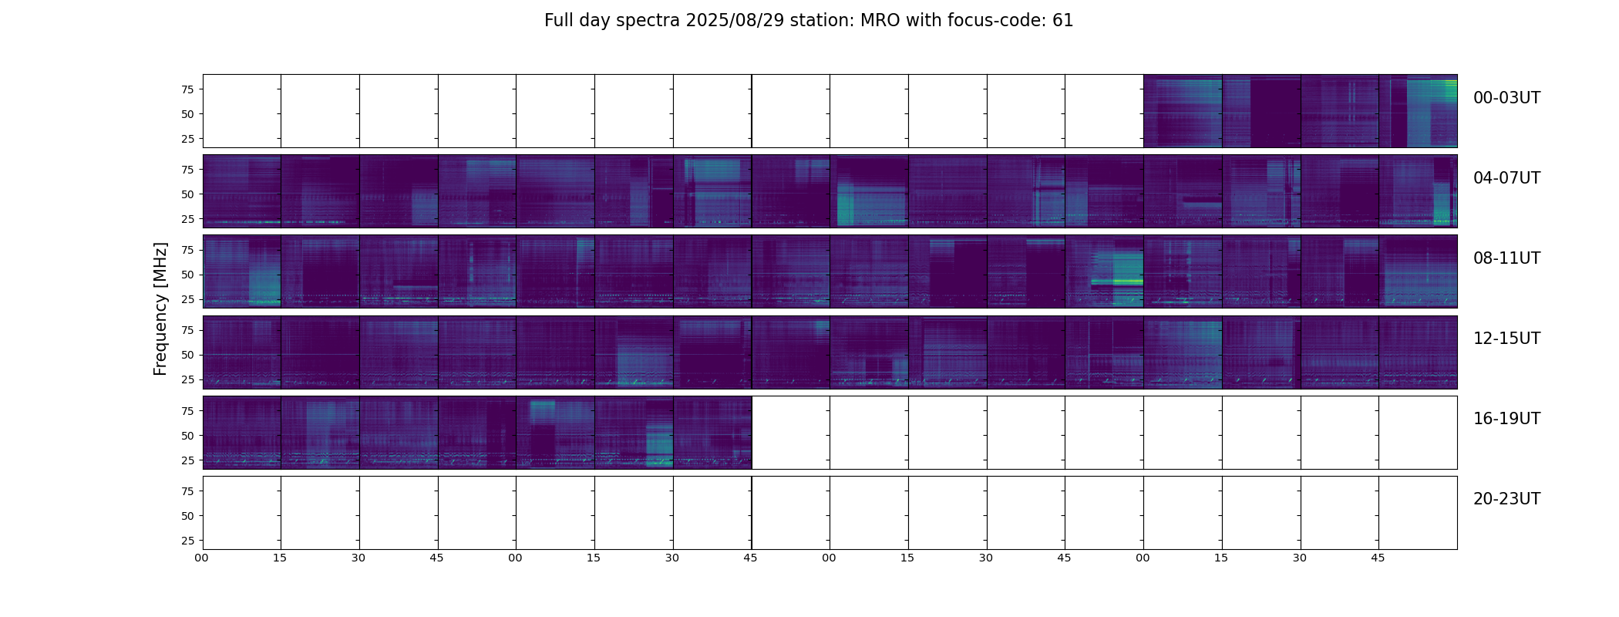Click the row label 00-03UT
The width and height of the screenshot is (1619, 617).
coord(1506,98)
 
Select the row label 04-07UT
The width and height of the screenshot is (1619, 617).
coord(1506,178)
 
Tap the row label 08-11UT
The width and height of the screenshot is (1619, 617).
coord(1506,258)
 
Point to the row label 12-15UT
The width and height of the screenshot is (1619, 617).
coord(1506,339)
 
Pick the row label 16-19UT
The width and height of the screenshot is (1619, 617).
coord(1506,419)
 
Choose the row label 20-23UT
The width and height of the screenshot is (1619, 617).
coord(1506,499)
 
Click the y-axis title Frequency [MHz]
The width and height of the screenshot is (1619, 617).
coord(160,308)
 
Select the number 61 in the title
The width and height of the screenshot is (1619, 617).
coord(1062,21)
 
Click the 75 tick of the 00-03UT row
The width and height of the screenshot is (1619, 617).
coord(187,89)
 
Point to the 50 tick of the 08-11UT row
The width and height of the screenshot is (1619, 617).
coord(187,275)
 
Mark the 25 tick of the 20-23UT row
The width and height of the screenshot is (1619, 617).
coord(187,541)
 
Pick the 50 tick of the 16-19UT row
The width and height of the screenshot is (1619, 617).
coord(187,436)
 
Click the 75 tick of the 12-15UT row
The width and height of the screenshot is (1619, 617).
coord(187,330)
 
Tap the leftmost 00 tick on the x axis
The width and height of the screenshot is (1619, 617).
coord(202,558)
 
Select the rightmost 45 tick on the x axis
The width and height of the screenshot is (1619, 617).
coord(1378,558)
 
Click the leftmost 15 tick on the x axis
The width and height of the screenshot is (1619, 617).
coord(280,558)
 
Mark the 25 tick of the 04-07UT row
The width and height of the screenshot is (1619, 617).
coord(187,219)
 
